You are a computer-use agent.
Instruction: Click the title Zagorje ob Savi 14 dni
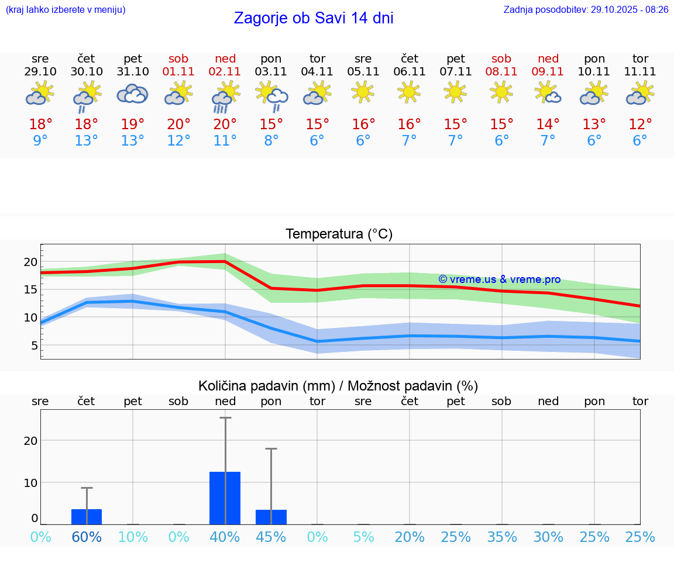[x=313, y=18]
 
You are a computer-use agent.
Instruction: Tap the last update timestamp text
[x=586, y=9]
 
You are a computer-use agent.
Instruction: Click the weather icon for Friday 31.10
[x=133, y=94]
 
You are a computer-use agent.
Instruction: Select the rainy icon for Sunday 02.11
[x=225, y=96]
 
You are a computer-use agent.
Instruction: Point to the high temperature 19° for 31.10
[x=133, y=124]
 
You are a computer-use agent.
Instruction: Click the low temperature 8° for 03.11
[x=271, y=140]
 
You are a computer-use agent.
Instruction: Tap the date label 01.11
[x=178, y=71]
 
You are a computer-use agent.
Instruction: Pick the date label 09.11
[x=548, y=71]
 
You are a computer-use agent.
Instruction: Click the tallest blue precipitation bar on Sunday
[x=225, y=498]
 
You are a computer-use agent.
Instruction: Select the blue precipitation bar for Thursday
[x=87, y=517]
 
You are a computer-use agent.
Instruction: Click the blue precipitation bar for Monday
[x=271, y=517]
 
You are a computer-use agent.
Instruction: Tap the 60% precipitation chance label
[x=87, y=537]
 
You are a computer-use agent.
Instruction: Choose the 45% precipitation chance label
[x=271, y=537]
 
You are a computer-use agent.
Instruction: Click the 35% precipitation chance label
[x=501, y=537]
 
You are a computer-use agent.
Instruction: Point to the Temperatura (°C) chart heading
[x=339, y=234]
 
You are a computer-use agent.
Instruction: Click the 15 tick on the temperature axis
[x=31, y=289]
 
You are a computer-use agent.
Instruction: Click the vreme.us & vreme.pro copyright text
[x=499, y=279]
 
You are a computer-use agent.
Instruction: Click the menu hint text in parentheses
[x=66, y=9]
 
